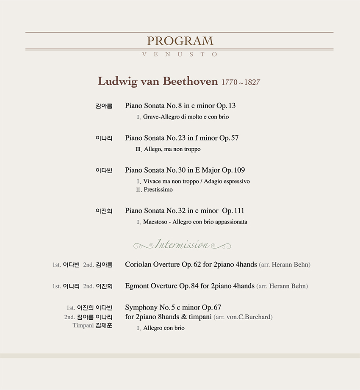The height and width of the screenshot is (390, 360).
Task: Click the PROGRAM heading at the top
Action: tap(180, 41)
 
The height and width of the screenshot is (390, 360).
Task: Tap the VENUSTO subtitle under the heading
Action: tap(180, 55)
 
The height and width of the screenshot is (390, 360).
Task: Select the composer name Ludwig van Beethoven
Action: tap(158, 81)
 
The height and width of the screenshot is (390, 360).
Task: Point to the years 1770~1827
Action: tap(241, 82)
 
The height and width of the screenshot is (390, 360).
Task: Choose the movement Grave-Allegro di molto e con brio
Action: tap(186, 117)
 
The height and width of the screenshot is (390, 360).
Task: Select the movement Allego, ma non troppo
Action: tap(172, 149)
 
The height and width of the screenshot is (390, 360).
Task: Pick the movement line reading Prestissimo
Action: tap(158, 190)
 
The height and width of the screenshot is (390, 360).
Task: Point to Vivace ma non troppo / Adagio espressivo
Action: tap(197, 181)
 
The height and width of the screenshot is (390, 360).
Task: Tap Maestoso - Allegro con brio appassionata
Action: tap(195, 222)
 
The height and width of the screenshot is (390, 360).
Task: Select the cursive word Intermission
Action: tap(182, 245)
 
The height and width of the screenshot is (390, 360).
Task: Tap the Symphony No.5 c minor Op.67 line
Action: tap(173, 307)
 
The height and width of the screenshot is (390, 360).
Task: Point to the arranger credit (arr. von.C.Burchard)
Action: tap(243, 317)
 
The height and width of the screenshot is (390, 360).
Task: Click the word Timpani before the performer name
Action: tap(83, 326)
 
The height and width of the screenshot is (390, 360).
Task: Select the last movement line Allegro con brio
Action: tap(164, 328)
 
